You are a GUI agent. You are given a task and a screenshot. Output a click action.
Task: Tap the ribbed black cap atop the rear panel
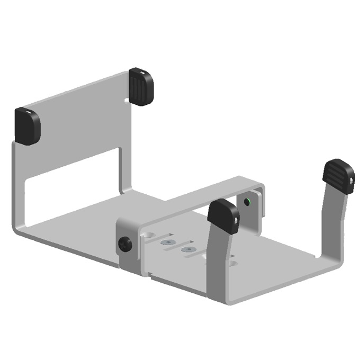pyautogui.click(x=141, y=86)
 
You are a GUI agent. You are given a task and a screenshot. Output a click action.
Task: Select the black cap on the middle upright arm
pyautogui.click(x=223, y=215)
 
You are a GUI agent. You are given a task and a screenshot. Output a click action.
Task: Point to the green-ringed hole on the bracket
pyautogui.click(x=247, y=202)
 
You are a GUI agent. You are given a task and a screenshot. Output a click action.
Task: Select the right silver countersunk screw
pyautogui.click(x=186, y=248)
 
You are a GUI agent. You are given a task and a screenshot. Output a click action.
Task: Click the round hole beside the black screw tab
pyautogui.click(x=149, y=233)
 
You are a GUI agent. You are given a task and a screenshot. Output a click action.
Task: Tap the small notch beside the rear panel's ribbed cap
pyautogui.click(x=126, y=99)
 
